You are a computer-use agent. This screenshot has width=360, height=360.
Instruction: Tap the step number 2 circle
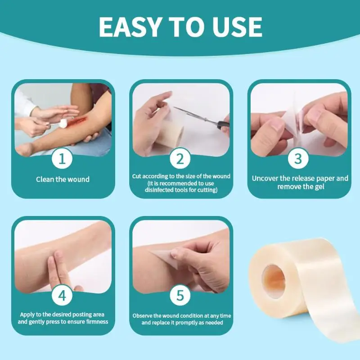pos(180,158)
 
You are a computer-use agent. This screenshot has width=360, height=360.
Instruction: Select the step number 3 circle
pos(298,158)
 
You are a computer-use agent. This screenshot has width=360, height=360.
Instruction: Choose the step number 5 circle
pos(180,295)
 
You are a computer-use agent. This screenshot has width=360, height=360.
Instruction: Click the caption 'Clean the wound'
pos(63,179)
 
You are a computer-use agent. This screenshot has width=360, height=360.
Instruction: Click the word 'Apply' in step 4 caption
pos(27,315)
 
